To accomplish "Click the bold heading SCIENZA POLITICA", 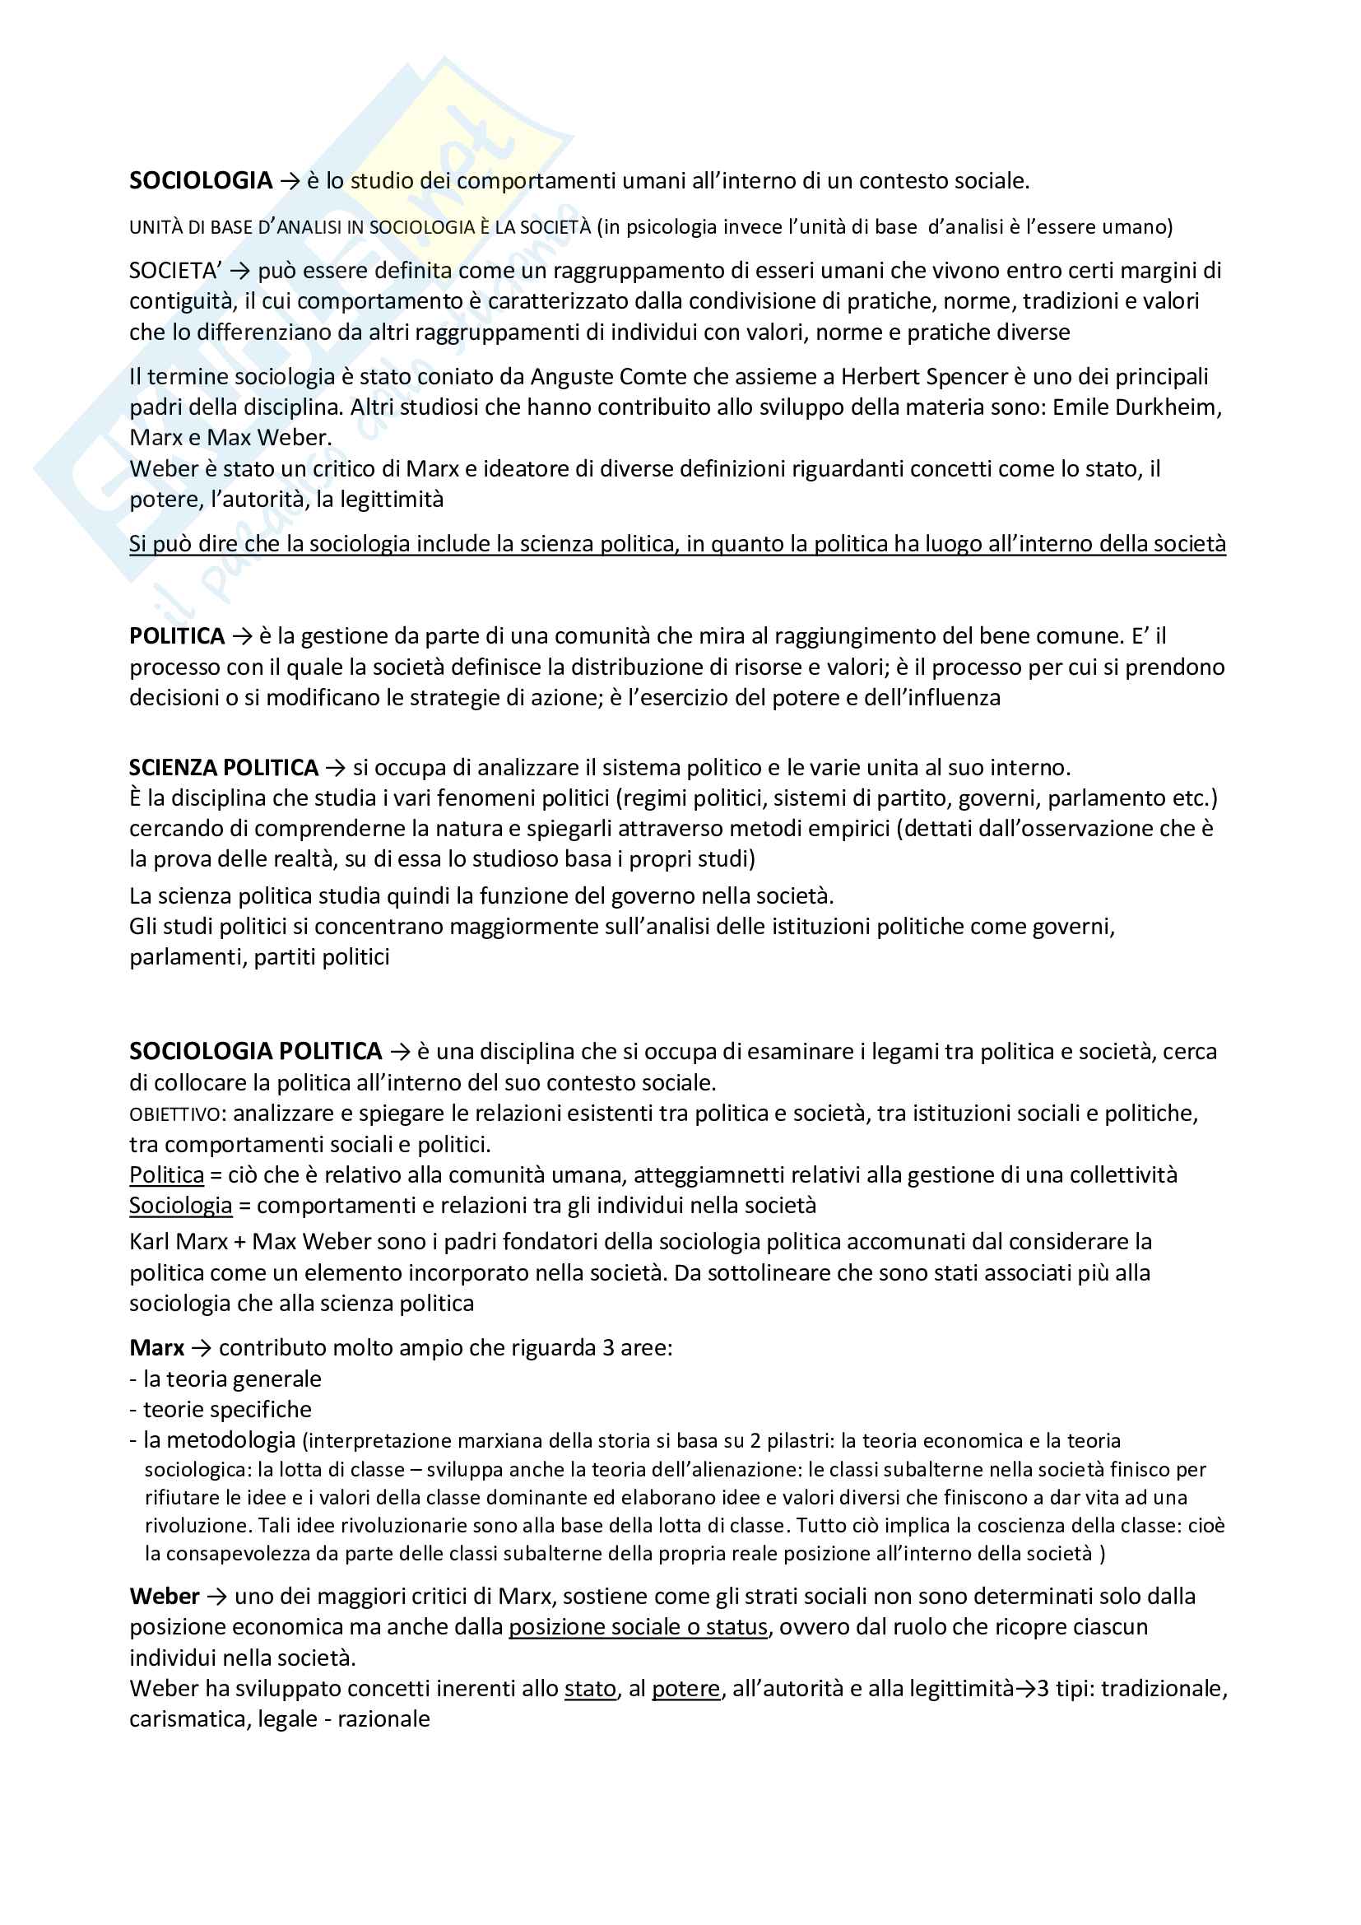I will coord(224,767).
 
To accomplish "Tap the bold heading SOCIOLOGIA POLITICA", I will coord(256,1050).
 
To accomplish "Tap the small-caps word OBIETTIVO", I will coord(175,1114).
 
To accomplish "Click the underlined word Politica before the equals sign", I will coord(167,1174).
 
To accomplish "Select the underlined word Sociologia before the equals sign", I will coord(180,1205).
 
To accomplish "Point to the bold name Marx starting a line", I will coord(156,1347).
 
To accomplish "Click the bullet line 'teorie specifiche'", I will coord(226,1408).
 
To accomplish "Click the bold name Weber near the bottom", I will coord(165,1597).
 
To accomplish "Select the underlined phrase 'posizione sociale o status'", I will coord(638,1626).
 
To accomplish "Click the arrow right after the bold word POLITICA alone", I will coord(241,636).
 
